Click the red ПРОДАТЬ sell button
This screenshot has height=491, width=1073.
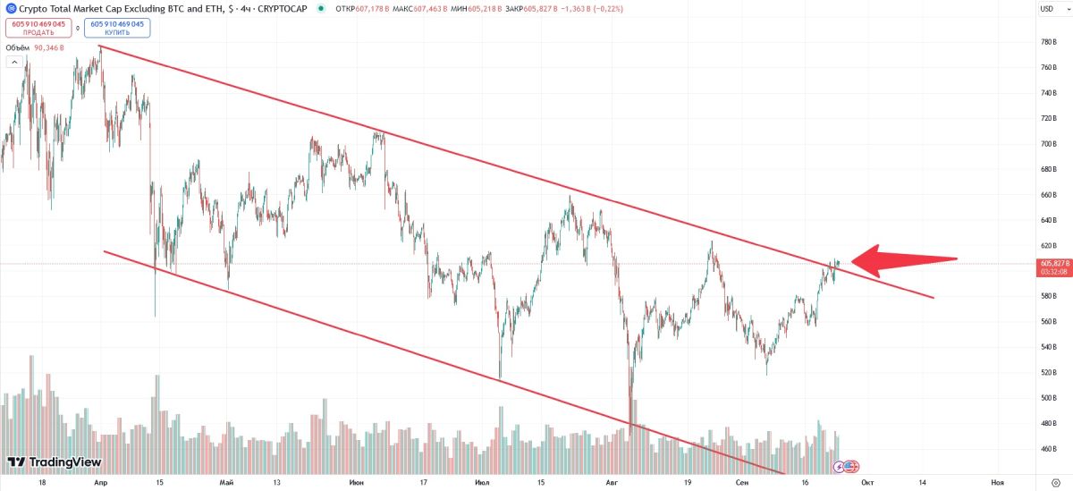[38, 28]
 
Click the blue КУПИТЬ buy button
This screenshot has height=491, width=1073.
[117, 28]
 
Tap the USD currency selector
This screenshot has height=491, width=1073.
[1047, 9]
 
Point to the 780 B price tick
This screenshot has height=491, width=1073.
[1050, 42]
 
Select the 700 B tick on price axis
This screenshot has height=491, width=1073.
[1050, 143]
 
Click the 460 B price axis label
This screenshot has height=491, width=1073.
[1050, 449]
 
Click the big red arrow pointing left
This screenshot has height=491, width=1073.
[903, 260]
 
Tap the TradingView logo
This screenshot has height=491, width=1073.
[54, 462]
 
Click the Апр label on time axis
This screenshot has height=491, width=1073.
[100, 482]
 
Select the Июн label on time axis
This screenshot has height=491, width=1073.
[357, 482]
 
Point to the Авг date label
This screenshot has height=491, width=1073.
[613, 482]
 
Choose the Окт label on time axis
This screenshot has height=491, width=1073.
[866, 482]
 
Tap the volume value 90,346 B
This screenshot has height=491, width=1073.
[49, 47]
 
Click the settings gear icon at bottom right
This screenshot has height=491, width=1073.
[1055, 482]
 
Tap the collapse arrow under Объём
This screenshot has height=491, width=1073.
[14, 62]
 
